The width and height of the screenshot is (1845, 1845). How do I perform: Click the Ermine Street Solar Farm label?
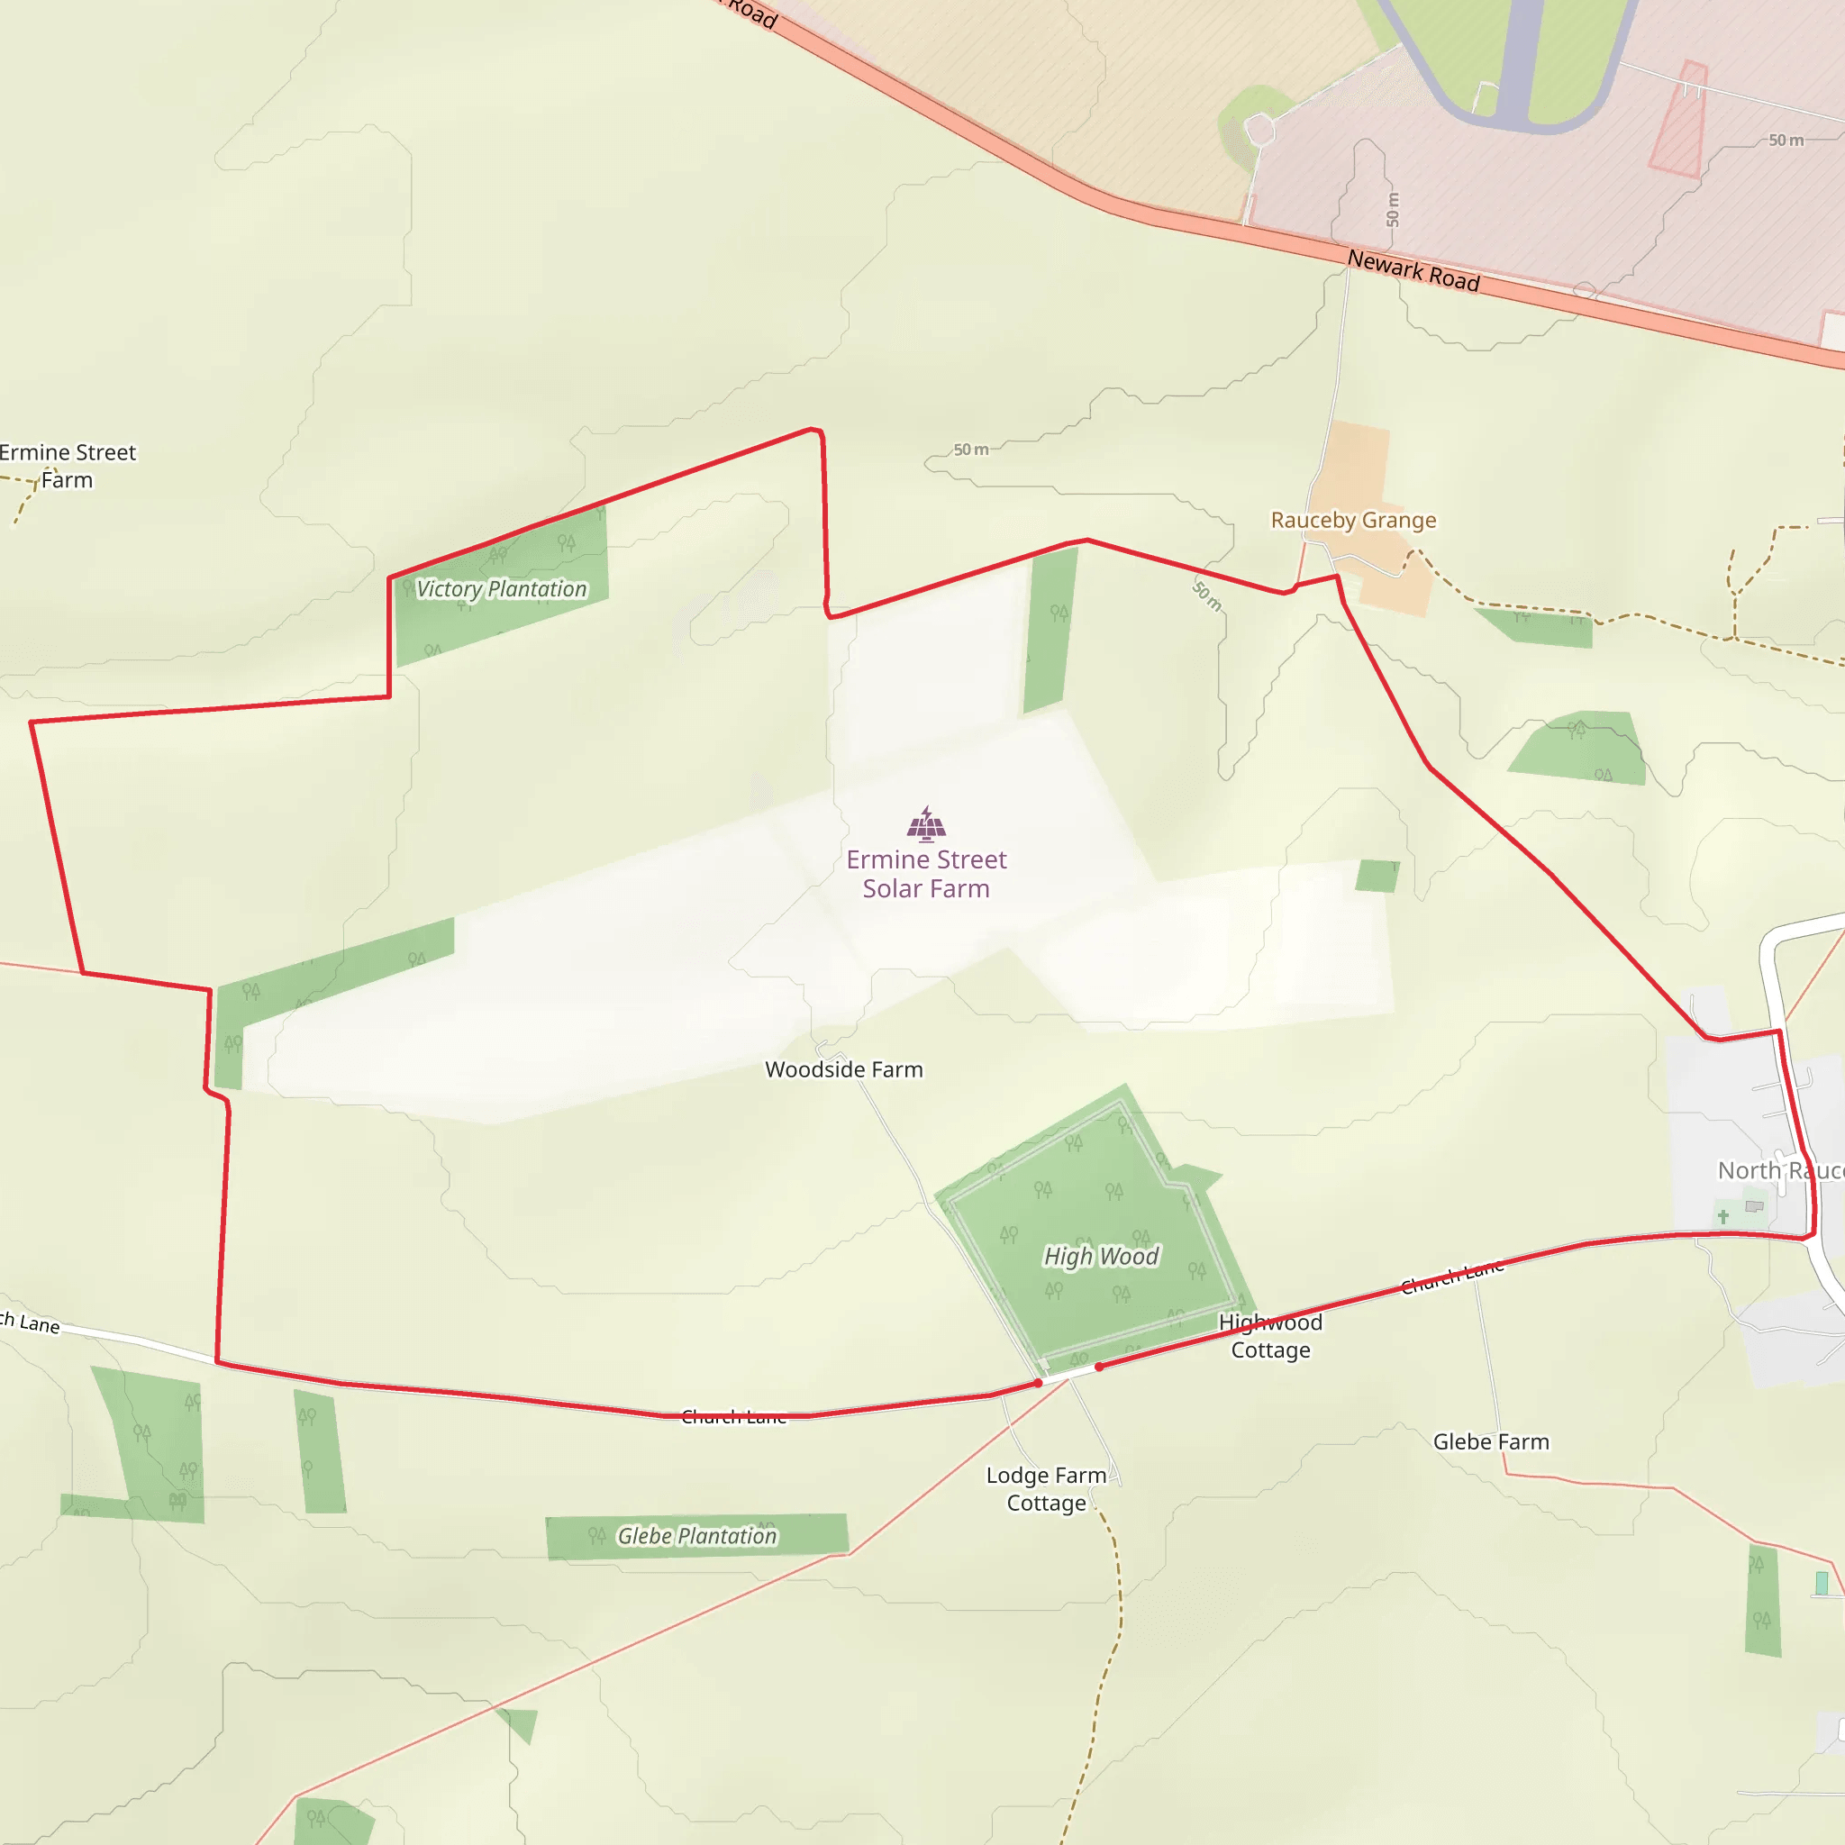[925, 874]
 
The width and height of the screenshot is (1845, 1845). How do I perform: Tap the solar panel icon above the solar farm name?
[925, 824]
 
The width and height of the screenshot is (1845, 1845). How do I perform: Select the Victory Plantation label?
[502, 589]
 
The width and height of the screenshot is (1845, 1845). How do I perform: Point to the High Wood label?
[1101, 1256]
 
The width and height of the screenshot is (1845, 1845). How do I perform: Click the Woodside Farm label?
[844, 1069]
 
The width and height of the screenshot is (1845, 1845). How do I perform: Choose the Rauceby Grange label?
[1353, 521]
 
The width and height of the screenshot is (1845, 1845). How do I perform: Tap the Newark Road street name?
[1413, 270]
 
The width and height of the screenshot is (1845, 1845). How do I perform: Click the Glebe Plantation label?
[697, 1536]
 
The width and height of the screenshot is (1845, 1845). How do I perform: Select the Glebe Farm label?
[1491, 1442]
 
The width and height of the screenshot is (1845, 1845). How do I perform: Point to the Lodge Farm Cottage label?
[1047, 1489]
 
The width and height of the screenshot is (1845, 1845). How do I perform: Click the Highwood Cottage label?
[1270, 1336]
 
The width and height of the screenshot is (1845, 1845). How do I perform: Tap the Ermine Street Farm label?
[67, 466]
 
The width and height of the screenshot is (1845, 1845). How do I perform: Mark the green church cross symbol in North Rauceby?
[1723, 1216]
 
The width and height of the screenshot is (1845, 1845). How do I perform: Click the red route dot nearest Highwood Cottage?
[1099, 1368]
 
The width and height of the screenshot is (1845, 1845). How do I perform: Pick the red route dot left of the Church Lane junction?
[1038, 1383]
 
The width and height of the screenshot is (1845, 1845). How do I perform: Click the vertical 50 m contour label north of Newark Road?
[1393, 210]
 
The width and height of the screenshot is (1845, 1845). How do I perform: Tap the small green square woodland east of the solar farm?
[1377, 876]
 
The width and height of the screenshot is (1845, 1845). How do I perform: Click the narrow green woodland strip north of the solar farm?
[1050, 631]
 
